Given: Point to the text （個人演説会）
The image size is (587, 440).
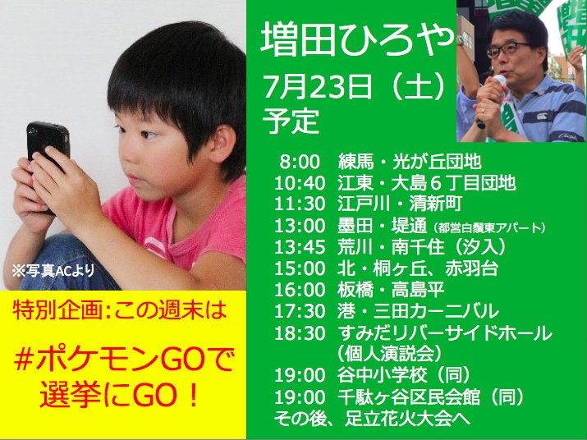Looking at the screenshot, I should pyautogui.click(x=387, y=354).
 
